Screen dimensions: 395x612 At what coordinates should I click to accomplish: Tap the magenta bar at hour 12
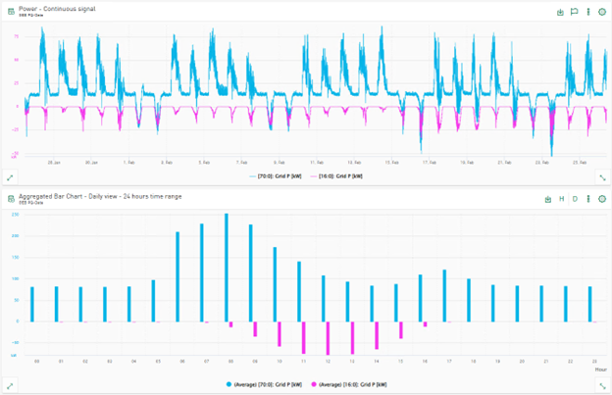[328, 336]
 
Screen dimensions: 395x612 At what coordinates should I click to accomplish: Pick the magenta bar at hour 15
[400, 329]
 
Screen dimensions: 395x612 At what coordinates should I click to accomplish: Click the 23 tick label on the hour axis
[590, 361]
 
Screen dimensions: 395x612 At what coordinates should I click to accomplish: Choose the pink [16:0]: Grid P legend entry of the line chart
[339, 175]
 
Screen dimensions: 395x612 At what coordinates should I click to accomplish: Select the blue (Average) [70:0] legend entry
[266, 383]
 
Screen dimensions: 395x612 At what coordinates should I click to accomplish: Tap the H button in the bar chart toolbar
[562, 199]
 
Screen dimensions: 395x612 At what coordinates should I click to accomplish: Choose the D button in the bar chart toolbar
[575, 199]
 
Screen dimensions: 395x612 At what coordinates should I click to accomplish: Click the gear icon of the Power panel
[601, 13]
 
